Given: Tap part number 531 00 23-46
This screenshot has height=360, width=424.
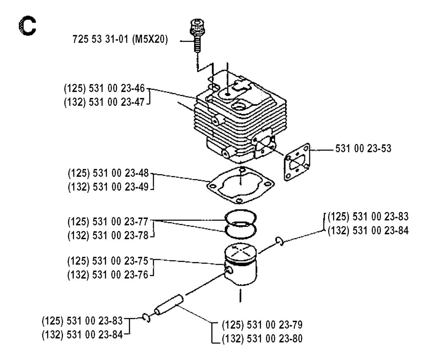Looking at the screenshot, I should (106, 89).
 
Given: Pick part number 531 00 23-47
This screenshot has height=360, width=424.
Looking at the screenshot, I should (106, 101).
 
